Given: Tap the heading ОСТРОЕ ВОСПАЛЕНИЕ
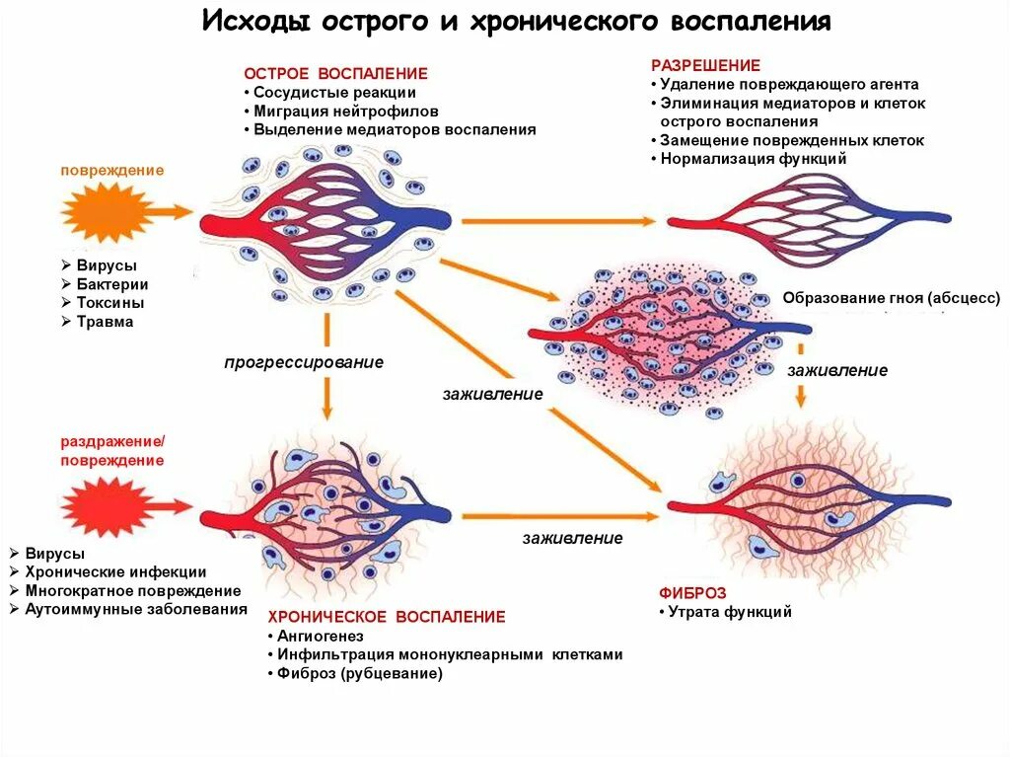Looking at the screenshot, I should (x=335, y=74).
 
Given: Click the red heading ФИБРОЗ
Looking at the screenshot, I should (x=692, y=593).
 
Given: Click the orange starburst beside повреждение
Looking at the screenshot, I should (x=106, y=211).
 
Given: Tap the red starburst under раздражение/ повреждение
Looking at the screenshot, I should (x=106, y=507).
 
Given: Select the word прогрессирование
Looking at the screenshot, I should (x=303, y=362).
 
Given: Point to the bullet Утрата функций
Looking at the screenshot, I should (x=730, y=612).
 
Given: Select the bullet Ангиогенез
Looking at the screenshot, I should (x=321, y=637).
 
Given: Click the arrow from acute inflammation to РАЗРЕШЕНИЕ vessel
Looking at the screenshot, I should (x=558, y=220).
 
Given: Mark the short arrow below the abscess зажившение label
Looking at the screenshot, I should (x=802, y=394).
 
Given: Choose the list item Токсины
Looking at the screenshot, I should (x=110, y=303).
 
